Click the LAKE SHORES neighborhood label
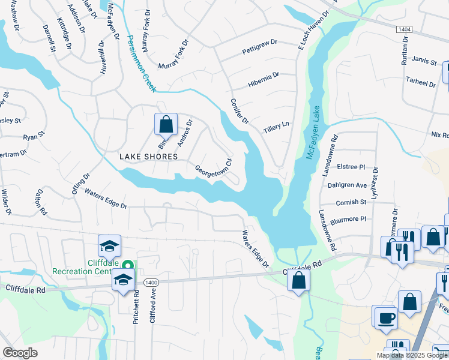pyautogui.click(x=148, y=157)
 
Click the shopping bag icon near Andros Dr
pyautogui.click(x=166, y=124)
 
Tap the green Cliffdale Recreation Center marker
pyautogui.click(x=127, y=265)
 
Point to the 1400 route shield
pyautogui.click(x=151, y=282)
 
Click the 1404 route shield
pyautogui.click(x=403, y=28)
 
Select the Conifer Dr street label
pyautogui.click(x=240, y=112)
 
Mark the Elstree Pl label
pyautogui.click(x=351, y=167)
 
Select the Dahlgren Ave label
pyautogui.click(x=347, y=185)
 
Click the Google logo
pyautogui.click(x=20, y=353)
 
